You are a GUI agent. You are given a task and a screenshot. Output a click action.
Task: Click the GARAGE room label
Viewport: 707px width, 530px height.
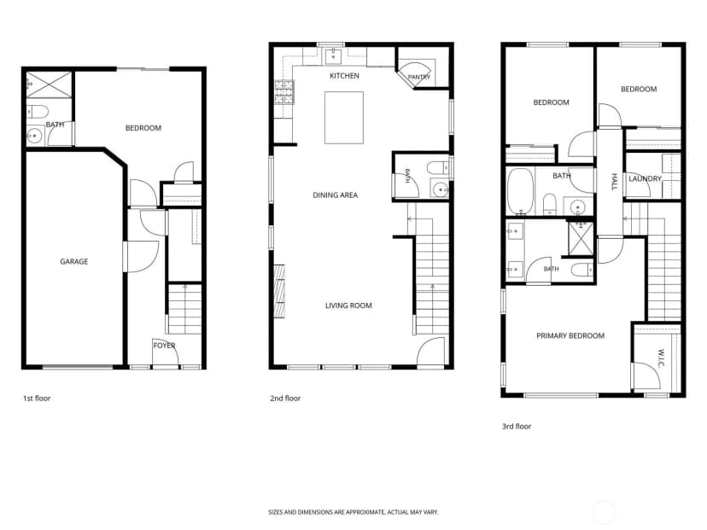(x=74, y=261)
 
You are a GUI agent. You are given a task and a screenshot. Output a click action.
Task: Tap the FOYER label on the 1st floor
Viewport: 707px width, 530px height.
(x=164, y=346)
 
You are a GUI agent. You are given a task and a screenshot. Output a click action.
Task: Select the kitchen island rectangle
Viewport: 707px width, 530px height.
(x=344, y=118)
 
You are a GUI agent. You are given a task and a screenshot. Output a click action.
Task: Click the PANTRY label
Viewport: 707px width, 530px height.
(x=419, y=77)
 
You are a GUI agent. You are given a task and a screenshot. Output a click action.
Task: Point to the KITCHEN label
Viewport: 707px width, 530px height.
(x=344, y=76)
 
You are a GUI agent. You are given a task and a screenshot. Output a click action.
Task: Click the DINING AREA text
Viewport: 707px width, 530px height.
(x=335, y=195)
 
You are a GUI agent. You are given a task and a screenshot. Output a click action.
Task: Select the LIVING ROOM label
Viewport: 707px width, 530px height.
(x=348, y=306)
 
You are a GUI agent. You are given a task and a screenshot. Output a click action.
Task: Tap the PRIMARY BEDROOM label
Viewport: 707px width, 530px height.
(x=570, y=335)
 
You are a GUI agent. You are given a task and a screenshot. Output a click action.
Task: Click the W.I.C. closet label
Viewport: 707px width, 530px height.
(x=661, y=358)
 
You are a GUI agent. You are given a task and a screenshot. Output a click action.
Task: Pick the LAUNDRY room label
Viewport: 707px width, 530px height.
(x=645, y=179)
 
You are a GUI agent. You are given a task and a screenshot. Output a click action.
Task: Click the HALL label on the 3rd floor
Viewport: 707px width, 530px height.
(x=614, y=182)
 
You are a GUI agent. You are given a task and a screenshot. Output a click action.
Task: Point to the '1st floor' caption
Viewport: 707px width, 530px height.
(x=37, y=399)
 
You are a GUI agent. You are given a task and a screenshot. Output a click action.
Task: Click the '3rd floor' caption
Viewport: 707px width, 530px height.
(x=517, y=427)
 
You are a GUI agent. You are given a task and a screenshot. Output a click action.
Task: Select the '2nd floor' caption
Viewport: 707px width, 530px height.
(x=285, y=399)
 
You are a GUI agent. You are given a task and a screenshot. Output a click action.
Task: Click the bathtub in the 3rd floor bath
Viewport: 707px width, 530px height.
(x=520, y=191)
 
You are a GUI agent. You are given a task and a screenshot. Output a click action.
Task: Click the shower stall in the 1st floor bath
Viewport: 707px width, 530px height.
(x=50, y=84)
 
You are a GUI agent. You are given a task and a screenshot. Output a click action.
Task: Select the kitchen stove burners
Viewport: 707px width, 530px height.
(x=284, y=92)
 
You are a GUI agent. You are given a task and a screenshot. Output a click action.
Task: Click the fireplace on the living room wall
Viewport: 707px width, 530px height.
(x=279, y=291)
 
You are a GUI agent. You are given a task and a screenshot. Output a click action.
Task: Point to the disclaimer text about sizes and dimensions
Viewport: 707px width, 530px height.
(x=353, y=512)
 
